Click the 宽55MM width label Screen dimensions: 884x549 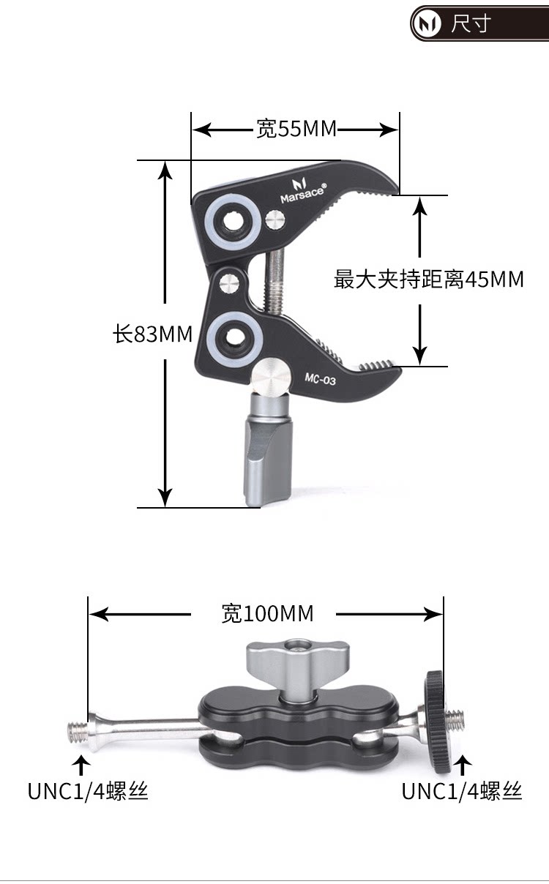tap(296, 130)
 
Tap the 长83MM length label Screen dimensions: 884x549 tap(152, 334)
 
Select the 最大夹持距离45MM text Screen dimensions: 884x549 tap(429, 279)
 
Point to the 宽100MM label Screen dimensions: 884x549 tap(267, 613)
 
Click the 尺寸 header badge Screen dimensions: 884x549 tap(468, 24)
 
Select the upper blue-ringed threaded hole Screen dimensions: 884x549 tap(233, 220)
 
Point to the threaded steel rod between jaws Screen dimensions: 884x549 tap(275, 282)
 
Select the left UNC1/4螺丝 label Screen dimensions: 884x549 tap(88, 791)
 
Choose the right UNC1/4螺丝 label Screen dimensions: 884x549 tap(462, 791)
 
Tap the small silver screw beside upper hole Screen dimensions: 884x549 tap(276, 218)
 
